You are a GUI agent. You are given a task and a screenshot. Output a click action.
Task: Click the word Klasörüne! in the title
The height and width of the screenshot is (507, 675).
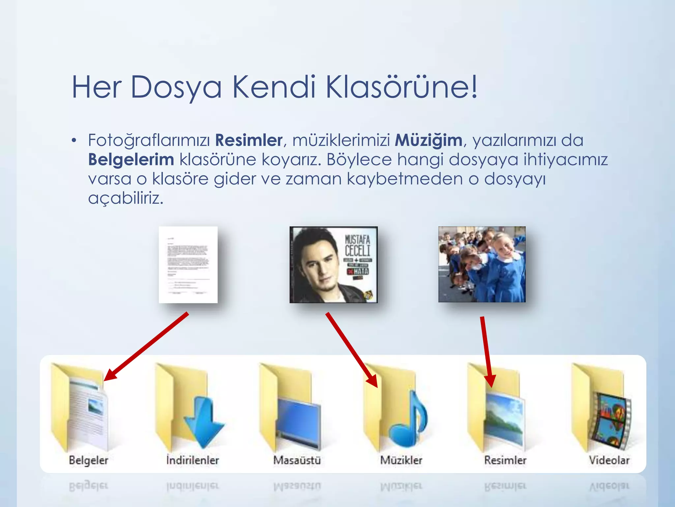point(401,87)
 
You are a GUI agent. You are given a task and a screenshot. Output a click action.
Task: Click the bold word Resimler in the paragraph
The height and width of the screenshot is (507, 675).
point(249,140)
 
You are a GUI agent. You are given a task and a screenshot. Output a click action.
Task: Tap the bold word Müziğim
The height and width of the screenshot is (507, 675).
point(428,140)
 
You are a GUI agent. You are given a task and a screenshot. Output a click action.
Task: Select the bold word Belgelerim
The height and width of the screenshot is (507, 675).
point(131,160)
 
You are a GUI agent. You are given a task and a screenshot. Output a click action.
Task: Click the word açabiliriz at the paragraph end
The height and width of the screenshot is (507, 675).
point(126,198)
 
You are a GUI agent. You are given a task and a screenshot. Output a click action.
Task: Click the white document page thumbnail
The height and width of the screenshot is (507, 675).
point(188,264)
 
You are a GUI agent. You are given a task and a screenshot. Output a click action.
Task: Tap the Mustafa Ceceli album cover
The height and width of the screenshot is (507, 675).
point(333,264)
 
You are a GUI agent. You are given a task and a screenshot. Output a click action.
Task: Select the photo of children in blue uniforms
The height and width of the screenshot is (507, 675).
point(482,264)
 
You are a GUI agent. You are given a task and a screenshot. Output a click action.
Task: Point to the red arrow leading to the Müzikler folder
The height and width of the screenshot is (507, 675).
point(351,350)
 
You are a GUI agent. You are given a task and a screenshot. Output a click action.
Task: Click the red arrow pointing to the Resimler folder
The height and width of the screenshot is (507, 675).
point(487,351)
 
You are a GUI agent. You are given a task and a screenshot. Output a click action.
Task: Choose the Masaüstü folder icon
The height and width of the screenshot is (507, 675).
point(290,409)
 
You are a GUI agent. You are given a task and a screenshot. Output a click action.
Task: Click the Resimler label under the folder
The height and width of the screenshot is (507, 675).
point(505,460)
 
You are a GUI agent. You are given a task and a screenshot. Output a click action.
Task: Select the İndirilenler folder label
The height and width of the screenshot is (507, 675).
point(192,460)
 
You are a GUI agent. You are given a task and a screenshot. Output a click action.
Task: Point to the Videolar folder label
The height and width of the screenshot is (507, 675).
point(609,460)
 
